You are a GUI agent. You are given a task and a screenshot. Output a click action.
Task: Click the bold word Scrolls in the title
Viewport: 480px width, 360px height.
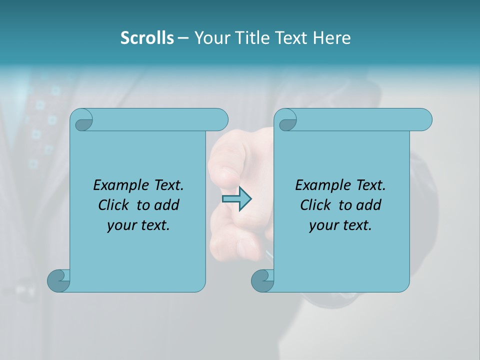pyautogui.click(x=147, y=38)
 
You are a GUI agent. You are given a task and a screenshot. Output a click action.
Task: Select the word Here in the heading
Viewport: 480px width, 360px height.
pyautogui.click(x=331, y=38)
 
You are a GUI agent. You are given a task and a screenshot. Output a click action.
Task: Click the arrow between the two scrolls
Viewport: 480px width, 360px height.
pyautogui.click(x=236, y=199)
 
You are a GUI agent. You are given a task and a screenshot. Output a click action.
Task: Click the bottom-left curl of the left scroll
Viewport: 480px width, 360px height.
pyautogui.click(x=58, y=280)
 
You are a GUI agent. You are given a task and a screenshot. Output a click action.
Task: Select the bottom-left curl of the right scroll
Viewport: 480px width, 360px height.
pyautogui.click(x=262, y=280)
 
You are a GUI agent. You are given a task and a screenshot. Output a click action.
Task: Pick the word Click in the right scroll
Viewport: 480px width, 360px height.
pyautogui.click(x=315, y=205)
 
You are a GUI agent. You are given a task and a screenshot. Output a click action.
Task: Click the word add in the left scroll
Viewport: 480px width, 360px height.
pyautogui.click(x=166, y=205)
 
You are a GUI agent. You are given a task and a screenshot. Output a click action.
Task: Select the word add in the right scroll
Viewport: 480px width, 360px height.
pyautogui.click(x=368, y=205)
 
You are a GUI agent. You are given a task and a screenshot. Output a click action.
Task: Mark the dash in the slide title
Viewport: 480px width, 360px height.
pyautogui.click(x=183, y=38)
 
